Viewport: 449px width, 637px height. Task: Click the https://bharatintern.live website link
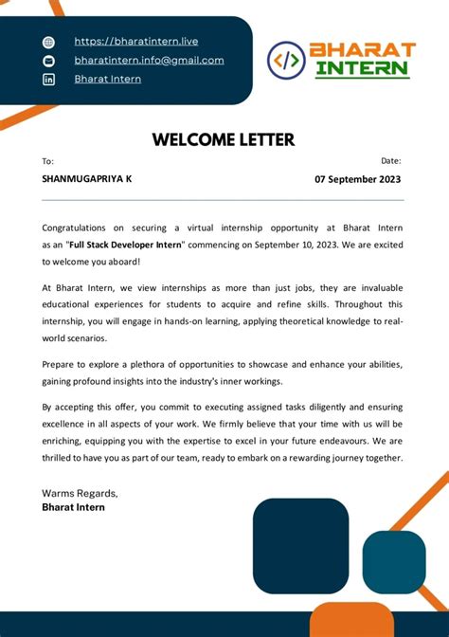(x=135, y=42)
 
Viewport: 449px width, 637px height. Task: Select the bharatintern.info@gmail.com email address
(x=149, y=60)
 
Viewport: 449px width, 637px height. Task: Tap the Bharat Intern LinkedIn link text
(x=107, y=79)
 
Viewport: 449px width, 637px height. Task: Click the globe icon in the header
(x=49, y=42)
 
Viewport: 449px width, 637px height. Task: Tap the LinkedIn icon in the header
(x=49, y=80)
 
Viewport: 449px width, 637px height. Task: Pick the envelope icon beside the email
(x=49, y=61)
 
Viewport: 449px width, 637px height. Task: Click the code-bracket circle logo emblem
(x=286, y=60)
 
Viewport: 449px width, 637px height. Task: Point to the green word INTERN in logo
(x=362, y=69)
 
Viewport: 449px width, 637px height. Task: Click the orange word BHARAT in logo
(x=362, y=49)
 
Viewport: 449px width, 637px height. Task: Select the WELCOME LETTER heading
(x=224, y=140)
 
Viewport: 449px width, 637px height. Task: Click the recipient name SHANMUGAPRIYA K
(x=87, y=178)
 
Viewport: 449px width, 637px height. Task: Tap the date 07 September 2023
(x=357, y=179)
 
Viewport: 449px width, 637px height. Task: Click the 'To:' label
(x=48, y=161)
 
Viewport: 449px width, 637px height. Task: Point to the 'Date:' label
(x=390, y=161)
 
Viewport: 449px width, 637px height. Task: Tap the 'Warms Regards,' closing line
(x=80, y=493)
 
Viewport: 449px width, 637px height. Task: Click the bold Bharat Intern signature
(x=73, y=507)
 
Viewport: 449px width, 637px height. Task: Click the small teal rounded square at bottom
(x=394, y=562)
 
